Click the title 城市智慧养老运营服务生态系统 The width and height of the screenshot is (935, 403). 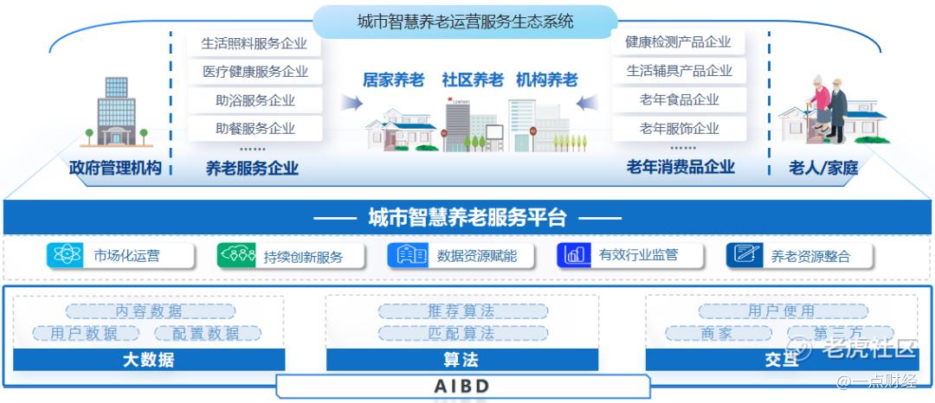465,22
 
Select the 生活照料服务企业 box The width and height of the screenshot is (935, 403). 255,44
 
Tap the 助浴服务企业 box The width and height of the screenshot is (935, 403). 255,100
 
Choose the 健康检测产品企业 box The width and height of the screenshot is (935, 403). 679,42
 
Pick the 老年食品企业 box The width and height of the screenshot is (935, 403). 679,99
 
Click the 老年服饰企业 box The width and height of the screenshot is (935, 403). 679,129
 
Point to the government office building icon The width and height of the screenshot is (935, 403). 116,112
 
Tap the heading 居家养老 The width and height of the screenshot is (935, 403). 394,80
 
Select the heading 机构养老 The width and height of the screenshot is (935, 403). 547,80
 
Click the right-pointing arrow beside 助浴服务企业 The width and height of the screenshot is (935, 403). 351,103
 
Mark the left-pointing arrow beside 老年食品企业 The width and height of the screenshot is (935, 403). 587,103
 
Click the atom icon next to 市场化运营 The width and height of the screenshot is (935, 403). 64,255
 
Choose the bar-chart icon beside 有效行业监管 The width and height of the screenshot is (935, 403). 574,255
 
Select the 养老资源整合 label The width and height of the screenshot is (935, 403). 810,257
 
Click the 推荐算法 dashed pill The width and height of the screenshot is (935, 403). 462,311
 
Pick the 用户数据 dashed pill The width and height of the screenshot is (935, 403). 86,333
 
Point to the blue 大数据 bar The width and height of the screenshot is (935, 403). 149,360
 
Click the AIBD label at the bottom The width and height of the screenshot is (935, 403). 462,386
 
